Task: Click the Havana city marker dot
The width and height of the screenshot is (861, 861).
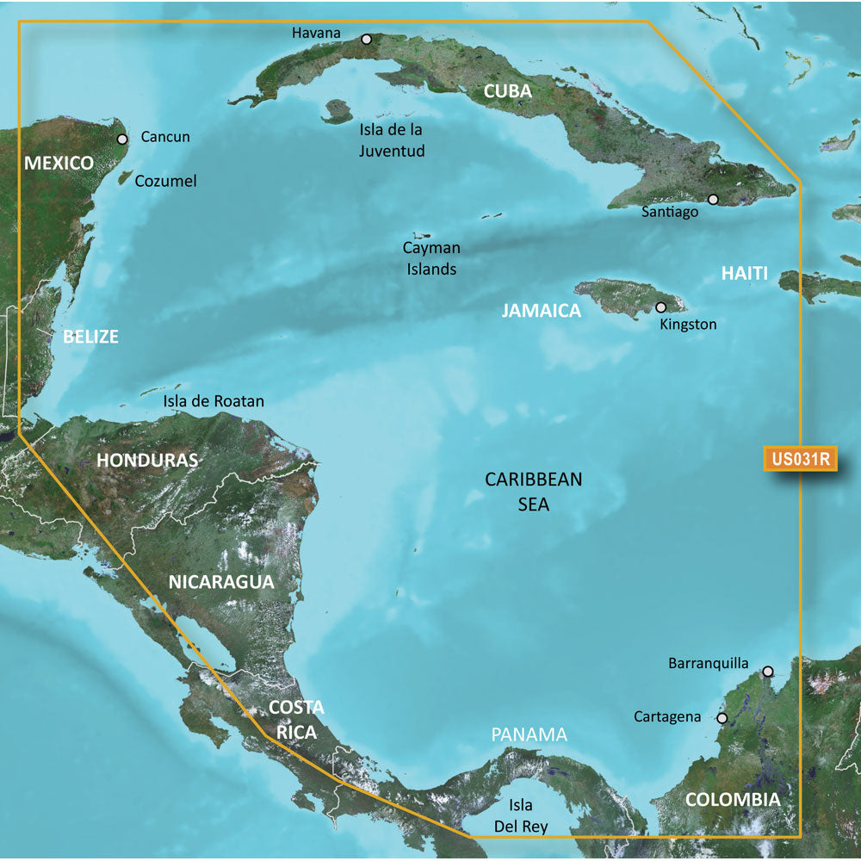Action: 367,39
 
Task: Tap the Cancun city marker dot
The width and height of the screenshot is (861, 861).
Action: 122,138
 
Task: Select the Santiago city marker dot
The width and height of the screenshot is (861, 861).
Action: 713,199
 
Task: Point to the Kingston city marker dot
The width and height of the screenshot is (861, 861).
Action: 661,307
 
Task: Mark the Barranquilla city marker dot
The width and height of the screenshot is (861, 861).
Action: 768,671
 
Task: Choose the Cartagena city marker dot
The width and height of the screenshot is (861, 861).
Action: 722,717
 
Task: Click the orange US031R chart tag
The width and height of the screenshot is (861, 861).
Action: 800,459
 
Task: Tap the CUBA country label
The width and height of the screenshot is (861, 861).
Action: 507,91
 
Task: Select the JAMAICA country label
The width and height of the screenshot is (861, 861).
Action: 542,311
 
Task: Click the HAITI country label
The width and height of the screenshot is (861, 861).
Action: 744,273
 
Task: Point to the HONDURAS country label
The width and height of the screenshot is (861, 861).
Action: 147,460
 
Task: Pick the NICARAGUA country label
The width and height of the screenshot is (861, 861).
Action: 221,581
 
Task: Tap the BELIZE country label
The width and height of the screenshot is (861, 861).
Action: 90,337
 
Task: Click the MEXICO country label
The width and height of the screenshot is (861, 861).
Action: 59,163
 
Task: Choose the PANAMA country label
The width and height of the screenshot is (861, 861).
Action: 530,734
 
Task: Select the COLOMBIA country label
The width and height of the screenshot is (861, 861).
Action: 733,800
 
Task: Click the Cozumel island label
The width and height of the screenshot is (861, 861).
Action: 169,181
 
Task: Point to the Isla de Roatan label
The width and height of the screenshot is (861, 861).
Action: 214,401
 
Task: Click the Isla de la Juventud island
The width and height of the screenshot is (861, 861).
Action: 337,111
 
